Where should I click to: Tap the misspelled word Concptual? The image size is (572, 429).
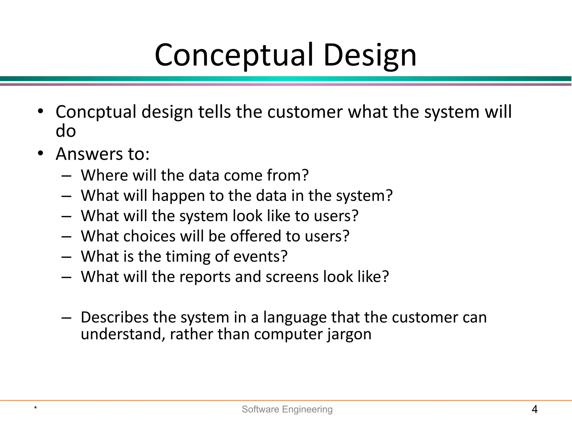(x=96, y=112)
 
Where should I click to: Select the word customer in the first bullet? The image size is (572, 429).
(x=305, y=112)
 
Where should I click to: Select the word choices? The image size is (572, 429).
(x=149, y=236)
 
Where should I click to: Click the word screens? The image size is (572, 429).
(x=292, y=277)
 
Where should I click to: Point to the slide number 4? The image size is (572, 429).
(x=534, y=409)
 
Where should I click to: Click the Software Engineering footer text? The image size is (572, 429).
(x=287, y=409)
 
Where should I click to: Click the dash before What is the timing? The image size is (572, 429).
(x=66, y=257)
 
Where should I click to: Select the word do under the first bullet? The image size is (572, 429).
(x=66, y=131)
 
